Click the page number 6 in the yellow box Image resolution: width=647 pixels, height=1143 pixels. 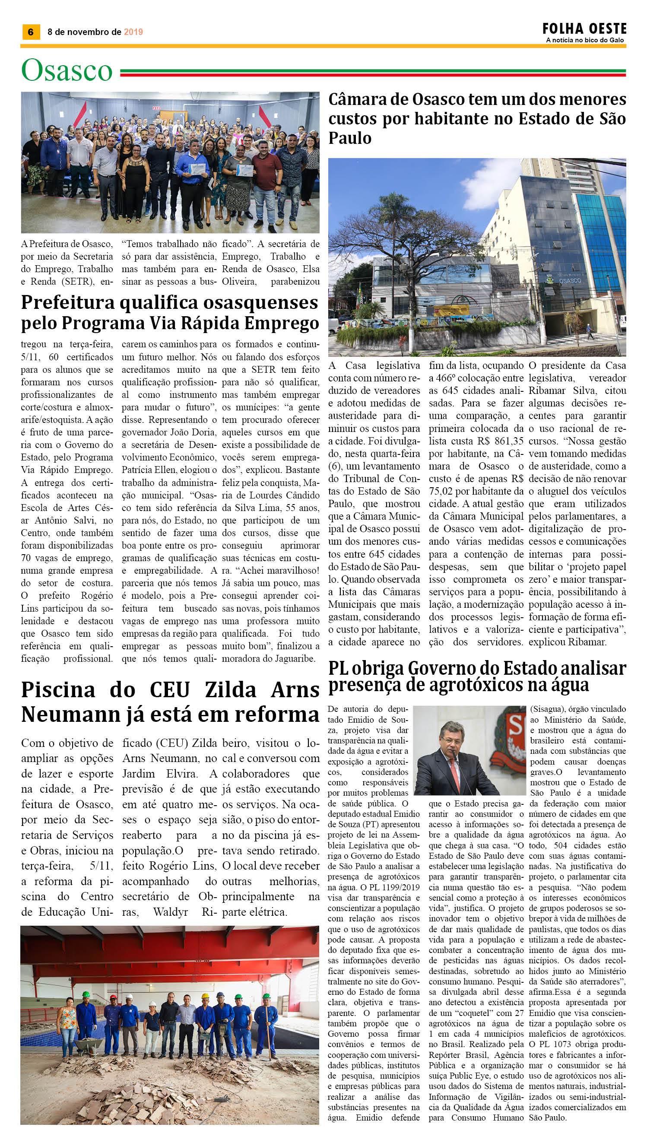31,32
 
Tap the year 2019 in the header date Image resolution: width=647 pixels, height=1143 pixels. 133,32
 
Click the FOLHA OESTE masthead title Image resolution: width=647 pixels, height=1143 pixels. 584,29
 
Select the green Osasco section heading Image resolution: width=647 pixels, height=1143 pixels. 67,71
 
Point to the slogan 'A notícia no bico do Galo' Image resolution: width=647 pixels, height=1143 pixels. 585,41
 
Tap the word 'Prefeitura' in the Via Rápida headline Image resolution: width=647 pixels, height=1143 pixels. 67,303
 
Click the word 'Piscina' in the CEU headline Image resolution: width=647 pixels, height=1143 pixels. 58,690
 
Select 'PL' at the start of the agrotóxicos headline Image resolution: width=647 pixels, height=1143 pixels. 339,669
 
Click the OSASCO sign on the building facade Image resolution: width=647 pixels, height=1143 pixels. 570,281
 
